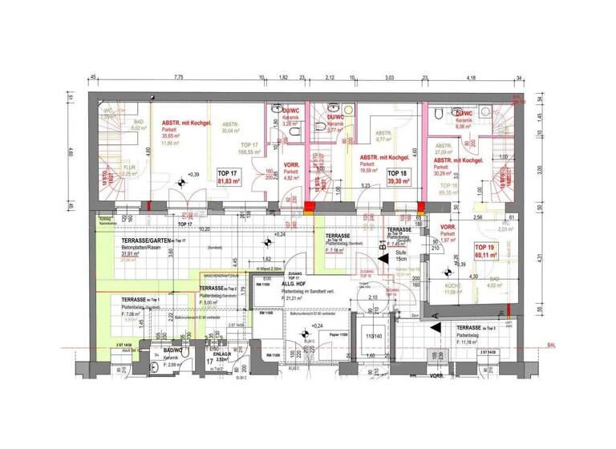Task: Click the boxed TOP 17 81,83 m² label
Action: (229, 178)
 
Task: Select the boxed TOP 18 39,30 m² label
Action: (398, 178)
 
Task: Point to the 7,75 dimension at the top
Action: (178, 78)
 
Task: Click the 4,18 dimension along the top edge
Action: (472, 78)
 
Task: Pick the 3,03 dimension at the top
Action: (389, 78)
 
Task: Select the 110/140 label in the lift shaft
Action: (372, 337)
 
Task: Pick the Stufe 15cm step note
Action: (400, 257)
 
